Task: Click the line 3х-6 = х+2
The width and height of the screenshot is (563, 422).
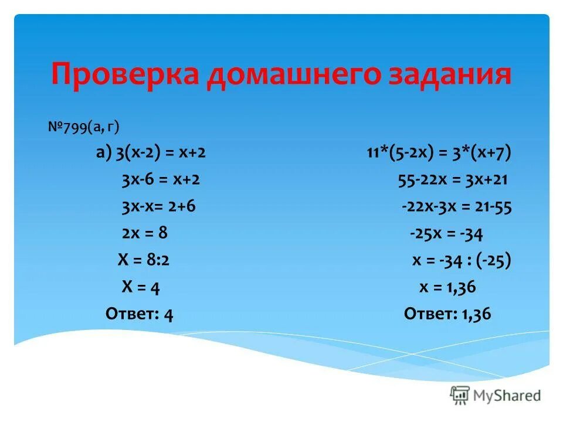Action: [x=161, y=179]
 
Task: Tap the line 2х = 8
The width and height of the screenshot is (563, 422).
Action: [x=145, y=233]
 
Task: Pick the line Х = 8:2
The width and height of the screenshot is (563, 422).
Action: [x=144, y=260]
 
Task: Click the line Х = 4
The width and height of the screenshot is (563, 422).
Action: [x=141, y=287]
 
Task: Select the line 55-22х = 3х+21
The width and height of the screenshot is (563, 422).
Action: [x=452, y=179]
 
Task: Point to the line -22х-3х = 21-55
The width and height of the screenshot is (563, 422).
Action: [x=456, y=206]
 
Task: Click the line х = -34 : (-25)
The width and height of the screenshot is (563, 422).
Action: [x=461, y=260]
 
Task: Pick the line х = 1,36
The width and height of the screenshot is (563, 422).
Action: [x=447, y=287]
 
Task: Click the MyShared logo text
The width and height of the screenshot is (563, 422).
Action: [x=508, y=396]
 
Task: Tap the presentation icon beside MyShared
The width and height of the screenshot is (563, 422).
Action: [x=460, y=396]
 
